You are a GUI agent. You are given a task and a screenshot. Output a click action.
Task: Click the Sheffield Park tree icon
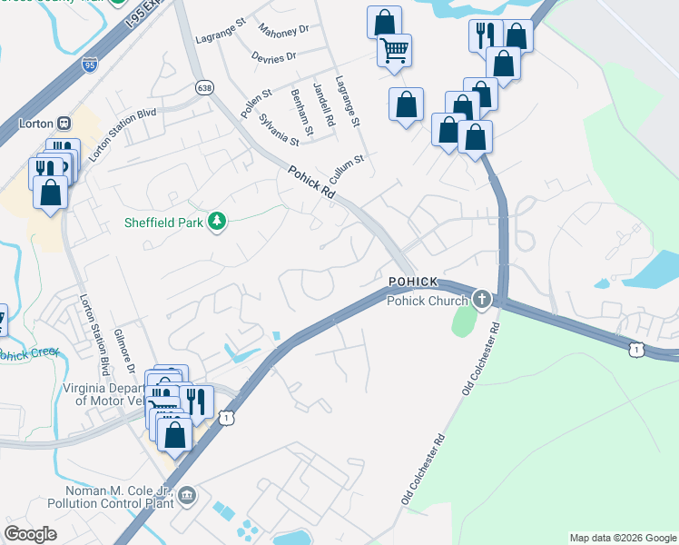(x=217, y=222)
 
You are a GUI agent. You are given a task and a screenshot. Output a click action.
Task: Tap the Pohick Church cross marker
(x=481, y=298)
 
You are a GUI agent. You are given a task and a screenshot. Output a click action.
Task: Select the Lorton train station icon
(x=64, y=123)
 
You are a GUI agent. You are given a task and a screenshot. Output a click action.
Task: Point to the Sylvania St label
(x=279, y=130)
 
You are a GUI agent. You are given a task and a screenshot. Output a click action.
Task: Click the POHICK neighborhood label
(x=414, y=282)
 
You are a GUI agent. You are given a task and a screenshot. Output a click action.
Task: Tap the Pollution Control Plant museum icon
(x=187, y=495)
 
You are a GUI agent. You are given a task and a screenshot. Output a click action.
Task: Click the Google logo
(x=31, y=534)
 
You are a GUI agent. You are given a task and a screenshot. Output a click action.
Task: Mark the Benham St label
(x=302, y=112)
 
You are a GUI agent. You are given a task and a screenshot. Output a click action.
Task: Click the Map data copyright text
(x=622, y=538)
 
